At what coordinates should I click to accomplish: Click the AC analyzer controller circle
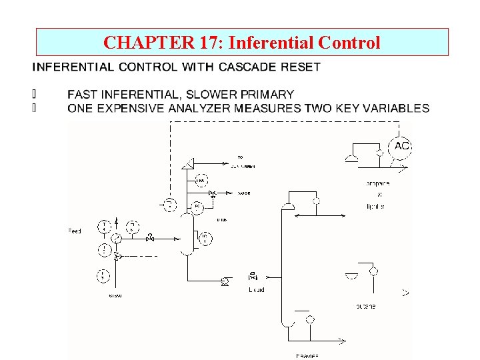coord(401,147)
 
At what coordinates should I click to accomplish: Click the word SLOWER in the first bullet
coord(215,95)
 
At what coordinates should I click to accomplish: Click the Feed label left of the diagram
coord(75,231)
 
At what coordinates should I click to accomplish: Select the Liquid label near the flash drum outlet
coord(257,290)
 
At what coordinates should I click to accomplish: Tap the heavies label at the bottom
coord(308,355)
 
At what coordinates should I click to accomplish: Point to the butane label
coord(365,307)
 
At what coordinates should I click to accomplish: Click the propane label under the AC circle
coord(377,183)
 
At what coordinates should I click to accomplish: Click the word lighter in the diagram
coord(375,207)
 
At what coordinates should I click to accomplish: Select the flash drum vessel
coord(187,233)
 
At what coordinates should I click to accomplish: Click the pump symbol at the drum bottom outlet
coord(224,283)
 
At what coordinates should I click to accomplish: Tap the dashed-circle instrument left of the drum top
coord(170,204)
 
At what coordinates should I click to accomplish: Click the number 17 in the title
coord(207,43)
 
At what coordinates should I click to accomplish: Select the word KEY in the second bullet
coord(341,108)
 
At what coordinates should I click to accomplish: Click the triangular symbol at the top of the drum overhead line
coord(189,162)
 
